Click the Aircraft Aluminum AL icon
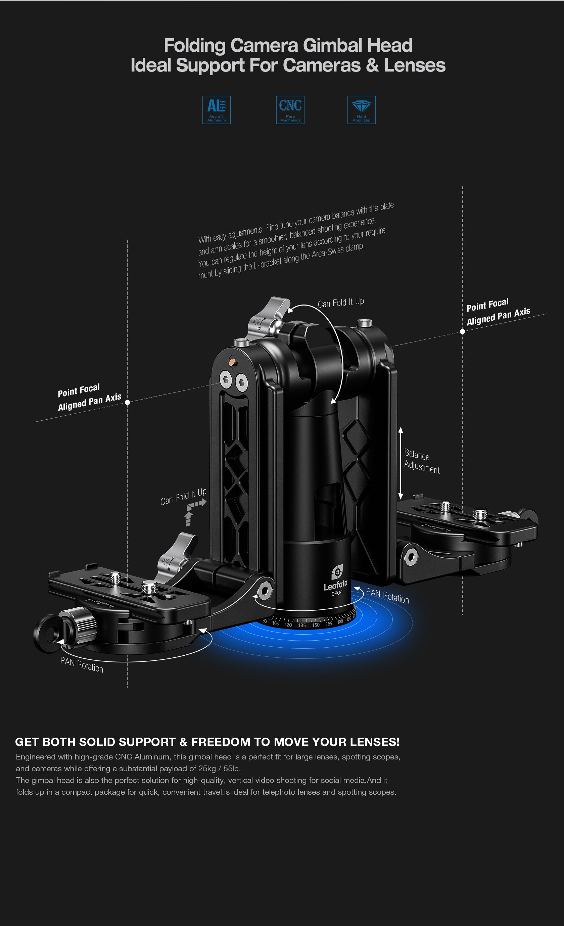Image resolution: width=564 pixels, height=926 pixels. click(217, 110)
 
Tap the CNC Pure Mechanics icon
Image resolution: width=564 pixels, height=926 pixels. click(290, 110)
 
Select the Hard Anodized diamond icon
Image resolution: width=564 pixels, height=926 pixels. click(362, 110)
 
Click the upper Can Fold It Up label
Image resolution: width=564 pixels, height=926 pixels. click(341, 303)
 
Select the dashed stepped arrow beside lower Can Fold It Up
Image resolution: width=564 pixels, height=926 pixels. click(194, 512)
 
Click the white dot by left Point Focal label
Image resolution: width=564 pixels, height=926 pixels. click(127, 402)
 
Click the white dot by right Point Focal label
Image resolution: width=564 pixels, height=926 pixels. click(463, 331)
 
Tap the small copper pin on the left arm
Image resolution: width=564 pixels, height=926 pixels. click(233, 362)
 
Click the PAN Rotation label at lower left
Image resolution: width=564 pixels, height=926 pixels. click(82, 664)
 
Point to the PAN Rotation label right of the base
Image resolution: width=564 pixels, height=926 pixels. click(387, 596)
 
